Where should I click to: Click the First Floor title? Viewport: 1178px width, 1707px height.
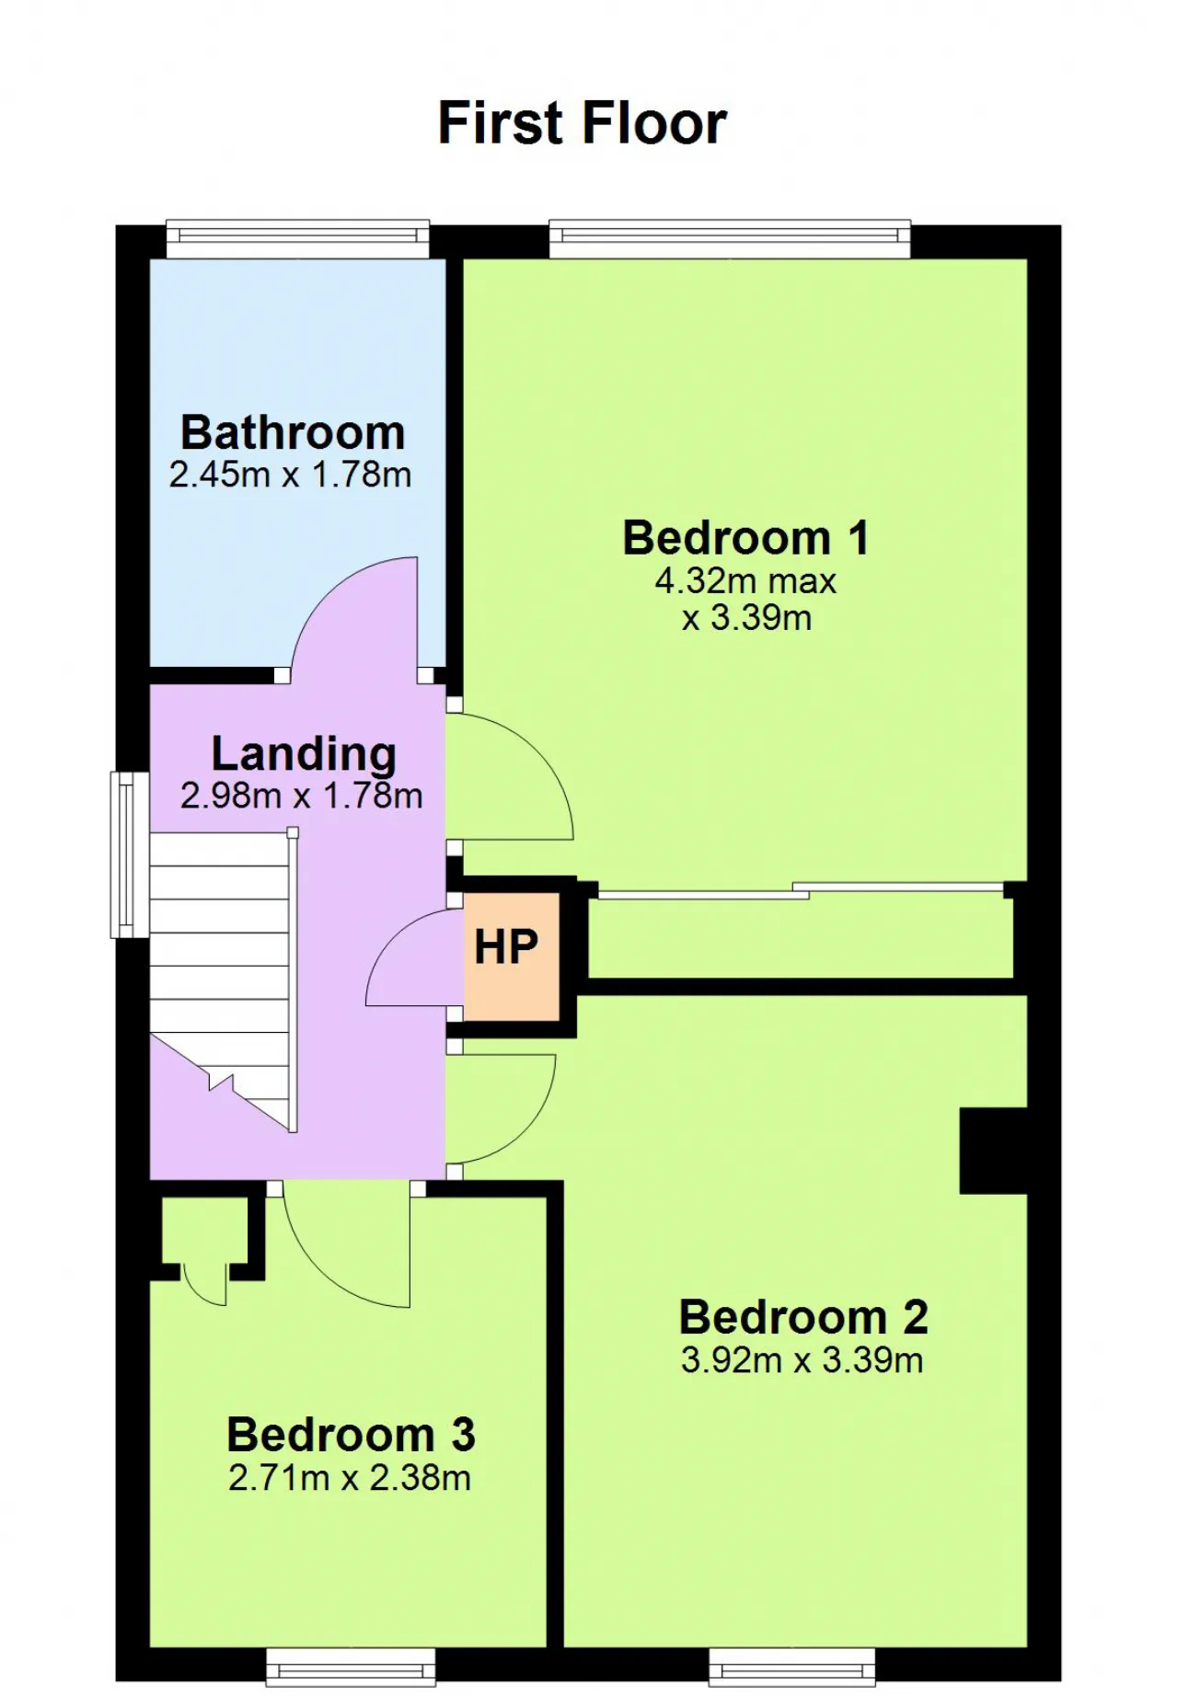582,122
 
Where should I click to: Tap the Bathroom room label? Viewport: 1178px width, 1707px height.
293,432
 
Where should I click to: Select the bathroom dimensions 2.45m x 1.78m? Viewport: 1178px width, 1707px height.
290,475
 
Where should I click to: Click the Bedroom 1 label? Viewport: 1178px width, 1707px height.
745,538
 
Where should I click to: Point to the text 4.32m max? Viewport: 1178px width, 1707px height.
745,580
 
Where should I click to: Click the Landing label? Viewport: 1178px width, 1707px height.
304,754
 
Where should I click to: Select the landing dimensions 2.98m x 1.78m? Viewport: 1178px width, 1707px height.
301,796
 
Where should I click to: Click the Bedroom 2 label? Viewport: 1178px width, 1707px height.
803,1317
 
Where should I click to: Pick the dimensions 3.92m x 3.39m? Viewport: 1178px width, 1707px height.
802,1359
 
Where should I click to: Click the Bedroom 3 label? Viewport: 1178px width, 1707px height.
351,1434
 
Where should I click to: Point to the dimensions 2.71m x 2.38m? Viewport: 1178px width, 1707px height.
350,1477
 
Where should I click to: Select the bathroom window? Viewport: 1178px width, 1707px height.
298,239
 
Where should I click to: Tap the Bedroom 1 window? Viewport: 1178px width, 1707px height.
730,239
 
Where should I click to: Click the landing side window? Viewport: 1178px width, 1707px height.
131,854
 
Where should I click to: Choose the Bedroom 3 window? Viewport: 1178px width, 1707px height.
351,1667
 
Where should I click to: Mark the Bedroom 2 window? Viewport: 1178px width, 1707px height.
792,1667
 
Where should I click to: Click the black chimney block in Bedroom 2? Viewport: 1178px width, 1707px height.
993,1151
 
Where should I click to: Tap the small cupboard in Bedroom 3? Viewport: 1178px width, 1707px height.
204,1232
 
